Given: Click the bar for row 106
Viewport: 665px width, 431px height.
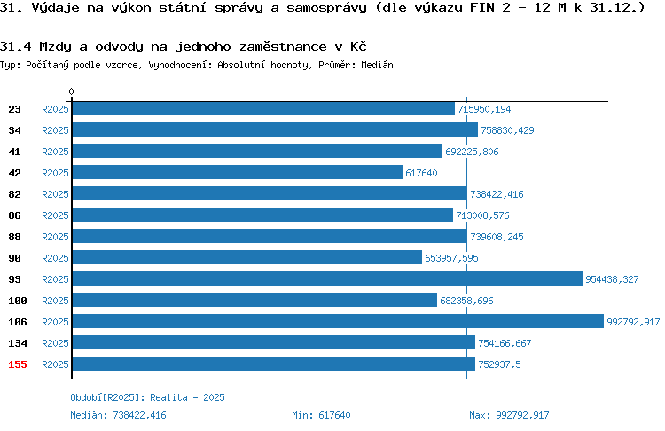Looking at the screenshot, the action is pos(338,321).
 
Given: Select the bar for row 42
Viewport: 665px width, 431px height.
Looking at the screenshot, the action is pos(238,172).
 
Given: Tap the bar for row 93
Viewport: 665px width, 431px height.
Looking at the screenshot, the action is pos(327,278).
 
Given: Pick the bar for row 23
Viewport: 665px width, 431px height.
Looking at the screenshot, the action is pos(264,108).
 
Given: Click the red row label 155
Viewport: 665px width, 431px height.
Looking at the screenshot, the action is pos(18,364).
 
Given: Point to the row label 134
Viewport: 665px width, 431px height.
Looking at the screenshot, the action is pos(18,343).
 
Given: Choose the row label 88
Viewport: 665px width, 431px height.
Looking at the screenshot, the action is pos(14,237).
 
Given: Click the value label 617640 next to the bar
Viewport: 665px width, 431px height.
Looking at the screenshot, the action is pos(421,173).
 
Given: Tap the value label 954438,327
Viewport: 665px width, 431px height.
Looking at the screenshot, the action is pos(612,279).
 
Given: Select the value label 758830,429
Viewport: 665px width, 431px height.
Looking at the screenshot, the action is pos(507,130).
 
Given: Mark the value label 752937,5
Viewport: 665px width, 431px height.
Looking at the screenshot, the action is pos(499,364).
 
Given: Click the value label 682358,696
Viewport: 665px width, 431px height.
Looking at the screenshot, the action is pos(466,301).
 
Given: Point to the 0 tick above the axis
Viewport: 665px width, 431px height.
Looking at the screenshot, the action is pos(71,91).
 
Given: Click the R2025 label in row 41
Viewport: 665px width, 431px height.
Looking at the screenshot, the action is pos(55,152).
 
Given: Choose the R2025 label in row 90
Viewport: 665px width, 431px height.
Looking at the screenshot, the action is pos(55,258).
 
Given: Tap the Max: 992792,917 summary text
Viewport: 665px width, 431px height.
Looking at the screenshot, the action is pos(509,415).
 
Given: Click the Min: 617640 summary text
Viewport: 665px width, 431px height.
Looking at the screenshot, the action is pos(321,415).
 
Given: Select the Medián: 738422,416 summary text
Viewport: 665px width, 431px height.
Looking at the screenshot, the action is pos(118,415).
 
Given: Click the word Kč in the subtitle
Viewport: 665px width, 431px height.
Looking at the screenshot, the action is pos(358,46).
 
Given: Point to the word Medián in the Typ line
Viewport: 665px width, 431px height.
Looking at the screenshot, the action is pos(377,65).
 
